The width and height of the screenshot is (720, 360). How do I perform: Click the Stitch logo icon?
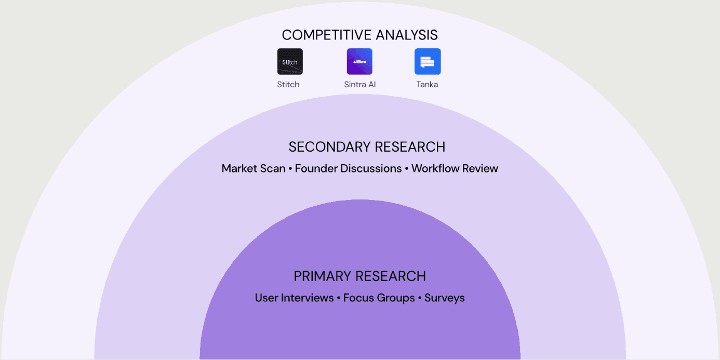290,61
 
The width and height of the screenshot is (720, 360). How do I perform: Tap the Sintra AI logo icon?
359,61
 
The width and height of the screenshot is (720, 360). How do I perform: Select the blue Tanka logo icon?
428,61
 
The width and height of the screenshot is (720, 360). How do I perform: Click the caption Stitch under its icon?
288,84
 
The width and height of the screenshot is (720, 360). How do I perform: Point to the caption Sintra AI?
359,84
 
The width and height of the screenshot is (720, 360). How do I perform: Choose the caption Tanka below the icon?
427,84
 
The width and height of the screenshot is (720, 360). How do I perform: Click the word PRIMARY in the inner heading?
322,276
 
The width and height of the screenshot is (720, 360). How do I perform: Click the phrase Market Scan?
254,168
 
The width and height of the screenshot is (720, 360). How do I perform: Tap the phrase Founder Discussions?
348,168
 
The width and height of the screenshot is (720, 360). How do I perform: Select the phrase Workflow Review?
455,168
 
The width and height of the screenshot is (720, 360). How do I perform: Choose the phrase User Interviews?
294,298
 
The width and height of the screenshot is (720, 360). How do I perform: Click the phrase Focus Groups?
379,298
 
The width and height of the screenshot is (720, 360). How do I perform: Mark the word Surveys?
444,298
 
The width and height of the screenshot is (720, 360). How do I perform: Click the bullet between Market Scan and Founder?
290,169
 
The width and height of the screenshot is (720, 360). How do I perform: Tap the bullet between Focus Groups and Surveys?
420,298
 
